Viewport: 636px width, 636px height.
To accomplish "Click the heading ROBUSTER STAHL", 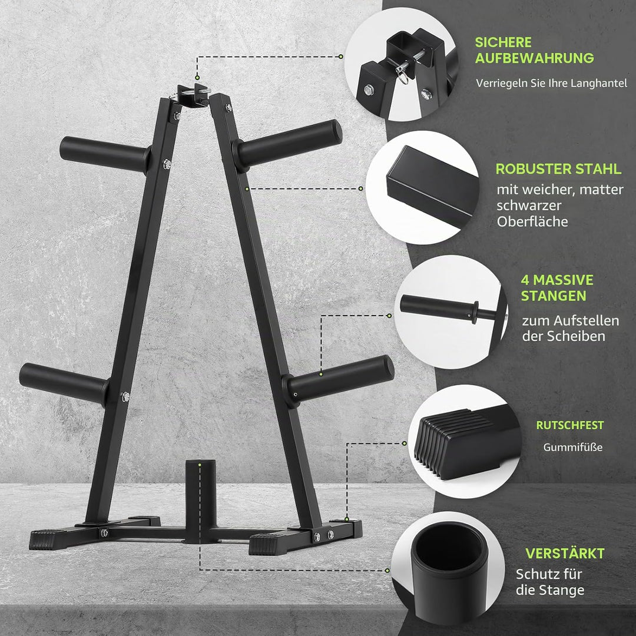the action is click(x=558, y=169).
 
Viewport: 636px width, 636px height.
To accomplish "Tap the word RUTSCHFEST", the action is click(x=570, y=425).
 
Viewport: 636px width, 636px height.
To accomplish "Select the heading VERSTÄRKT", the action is click(x=565, y=553).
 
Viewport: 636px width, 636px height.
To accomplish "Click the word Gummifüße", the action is click(x=573, y=448).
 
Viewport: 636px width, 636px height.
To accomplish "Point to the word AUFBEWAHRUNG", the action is click(x=534, y=58).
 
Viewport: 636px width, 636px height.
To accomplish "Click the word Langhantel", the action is click(x=604, y=84).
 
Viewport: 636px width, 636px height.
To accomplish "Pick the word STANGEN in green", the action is click(x=553, y=296).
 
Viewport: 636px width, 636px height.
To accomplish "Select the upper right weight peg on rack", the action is click(x=287, y=144).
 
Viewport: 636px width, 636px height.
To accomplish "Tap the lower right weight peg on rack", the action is click(x=339, y=379).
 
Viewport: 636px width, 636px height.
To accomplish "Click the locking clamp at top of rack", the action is click(x=194, y=94).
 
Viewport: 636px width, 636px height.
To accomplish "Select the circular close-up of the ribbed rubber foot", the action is click(x=463, y=441).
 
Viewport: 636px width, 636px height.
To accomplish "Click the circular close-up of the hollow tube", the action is click(x=448, y=568).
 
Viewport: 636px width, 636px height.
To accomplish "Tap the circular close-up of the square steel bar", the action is click(x=422, y=187).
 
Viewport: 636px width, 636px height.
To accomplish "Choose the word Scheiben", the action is click(x=576, y=336).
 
